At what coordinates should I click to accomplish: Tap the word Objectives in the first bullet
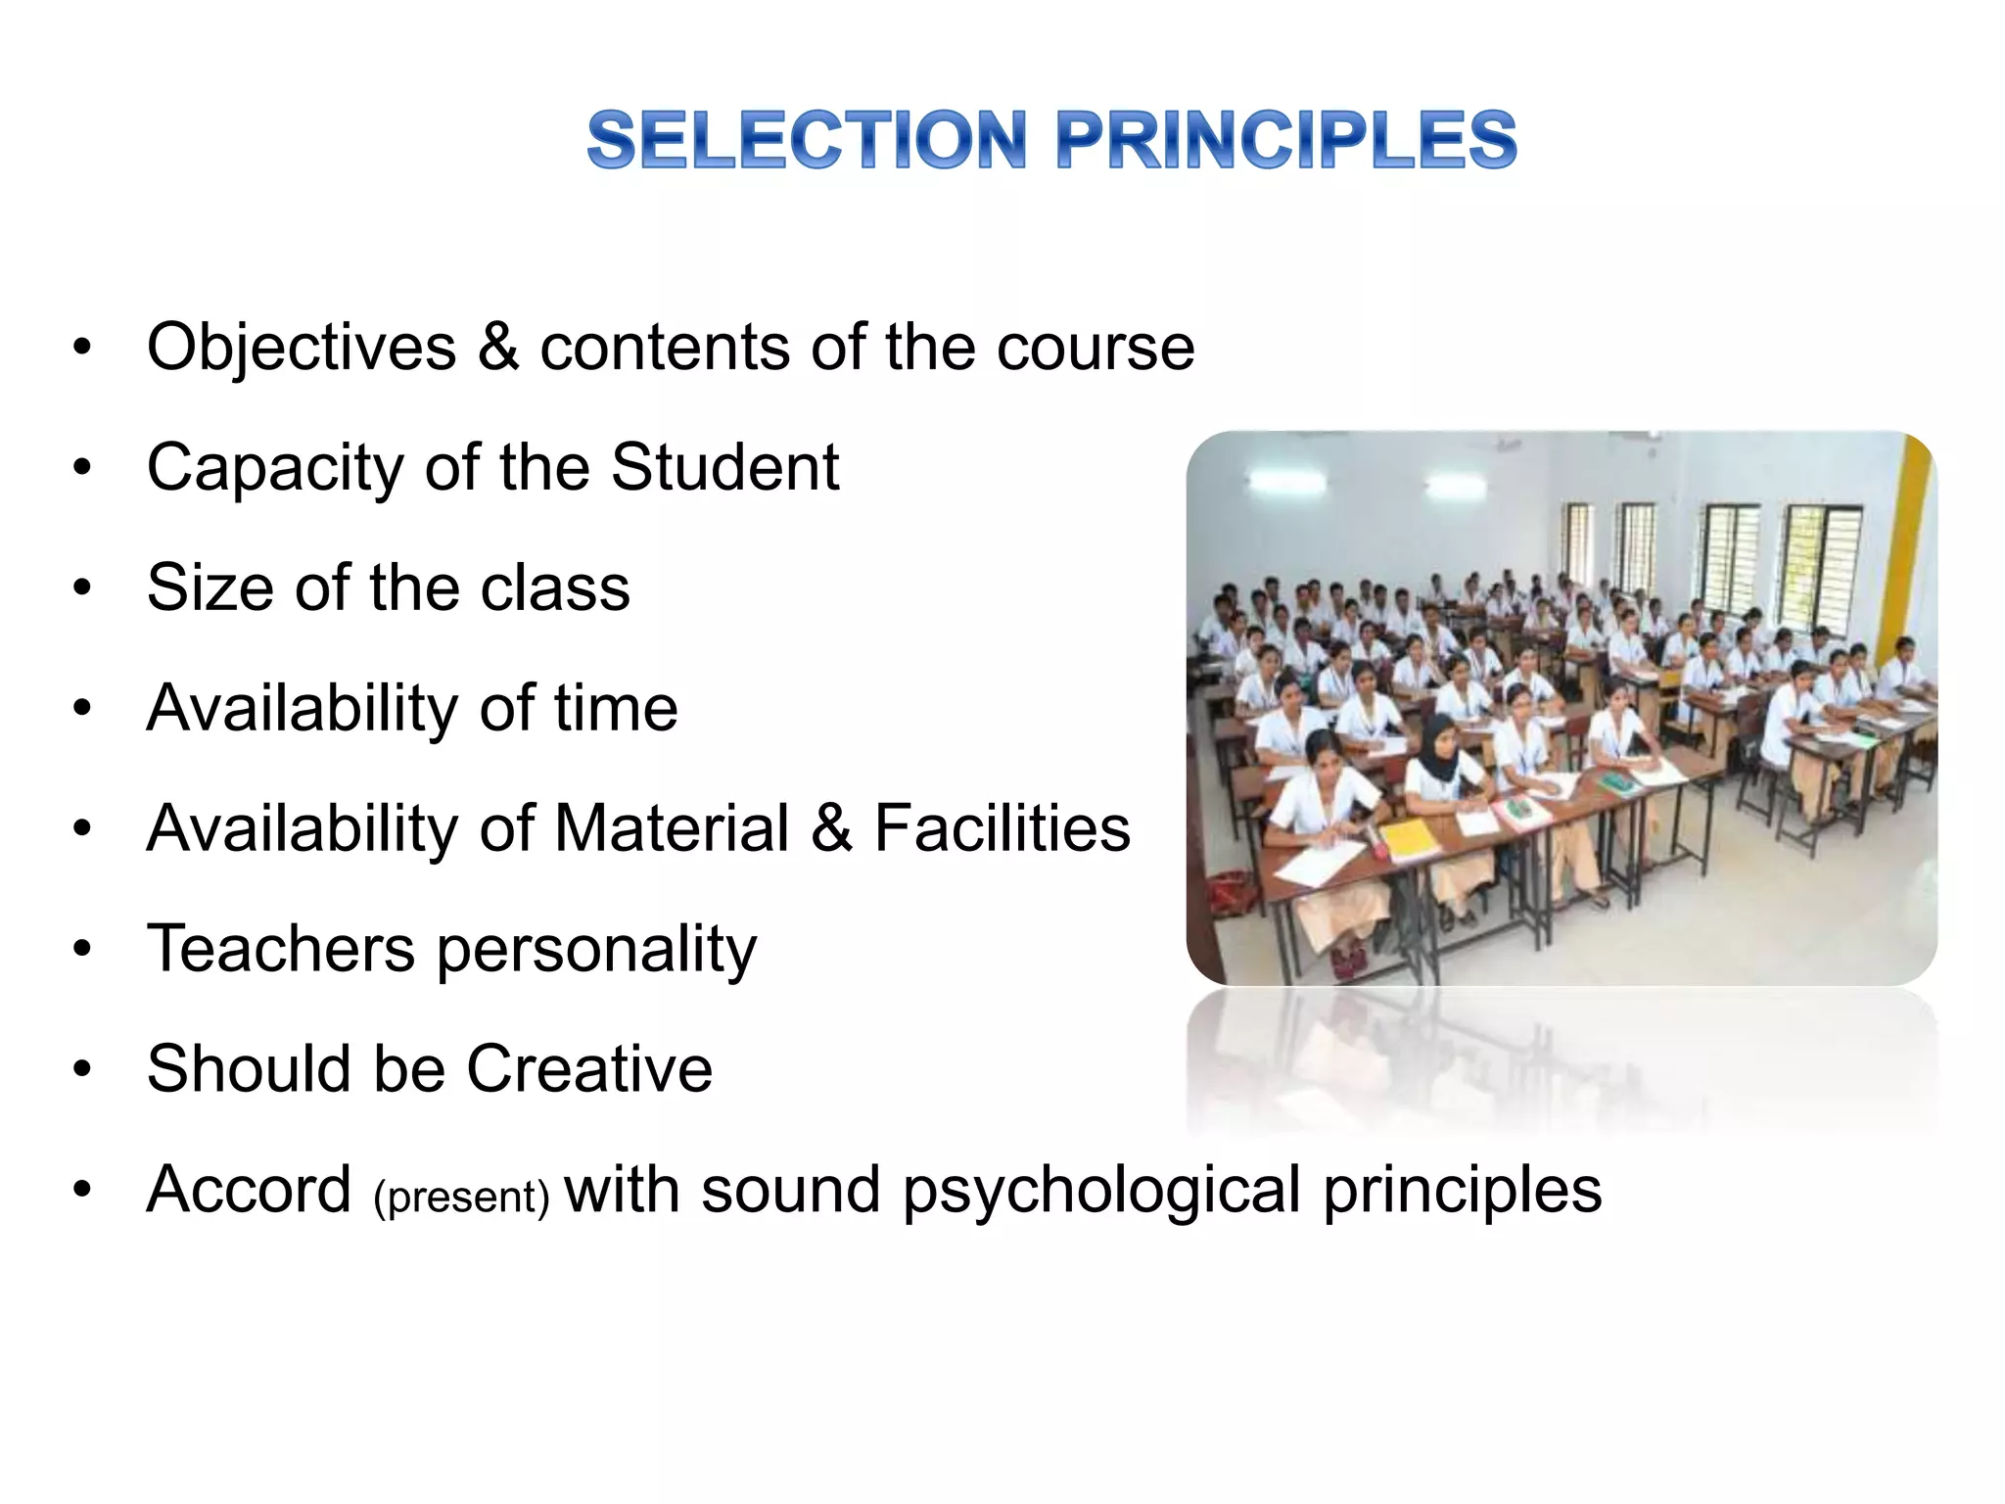click(302, 347)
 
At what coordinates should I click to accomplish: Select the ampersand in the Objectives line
click(498, 347)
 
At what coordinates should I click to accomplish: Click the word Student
click(724, 467)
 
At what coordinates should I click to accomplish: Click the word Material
click(672, 828)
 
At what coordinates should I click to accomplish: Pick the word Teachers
click(281, 948)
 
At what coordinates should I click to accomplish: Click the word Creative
click(589, 1068)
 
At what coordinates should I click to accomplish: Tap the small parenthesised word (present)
click(461, 1197)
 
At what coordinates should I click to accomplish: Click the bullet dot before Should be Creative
click(82, 1069)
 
